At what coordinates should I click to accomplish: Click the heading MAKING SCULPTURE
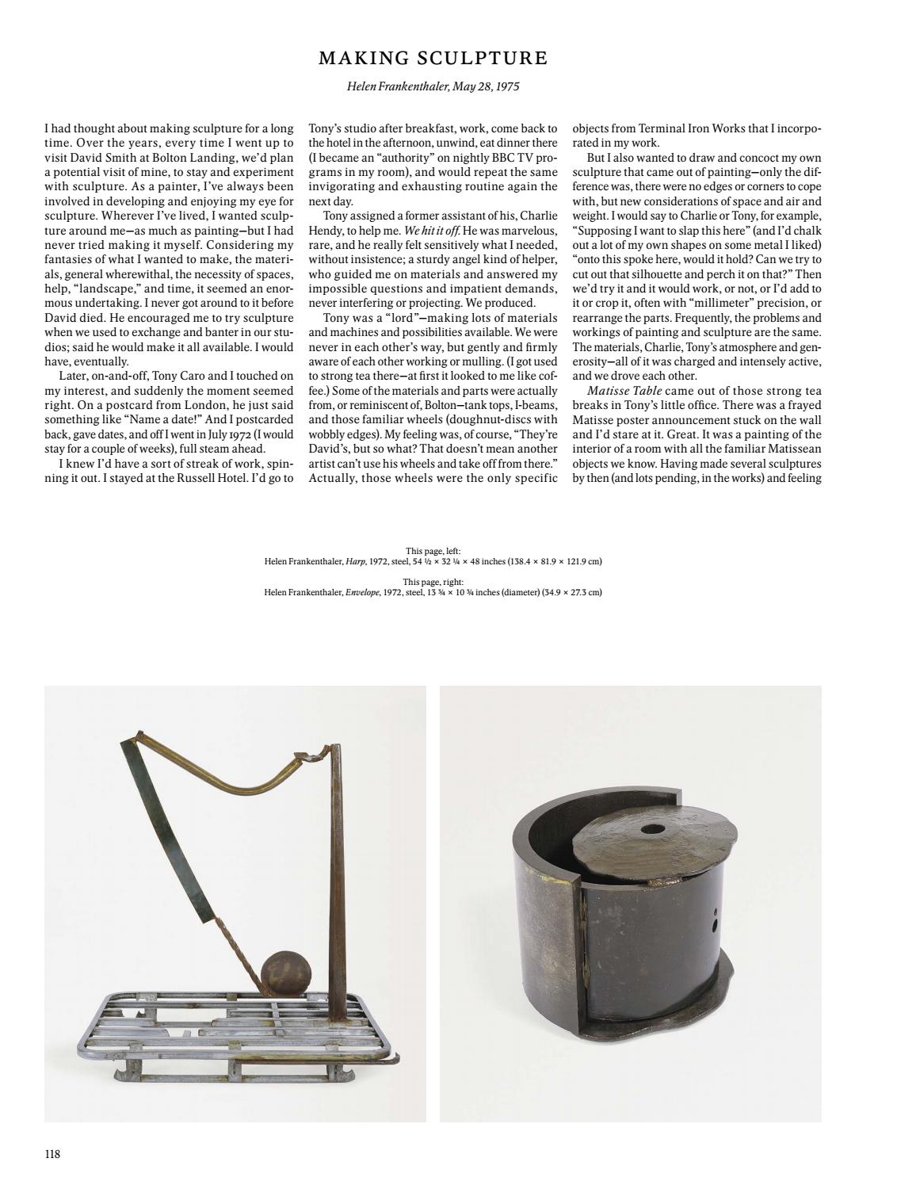click(x=433, y=58)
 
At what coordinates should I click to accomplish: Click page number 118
click(x=52, y=1153)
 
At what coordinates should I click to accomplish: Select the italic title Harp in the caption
click(x=355, y=561)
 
